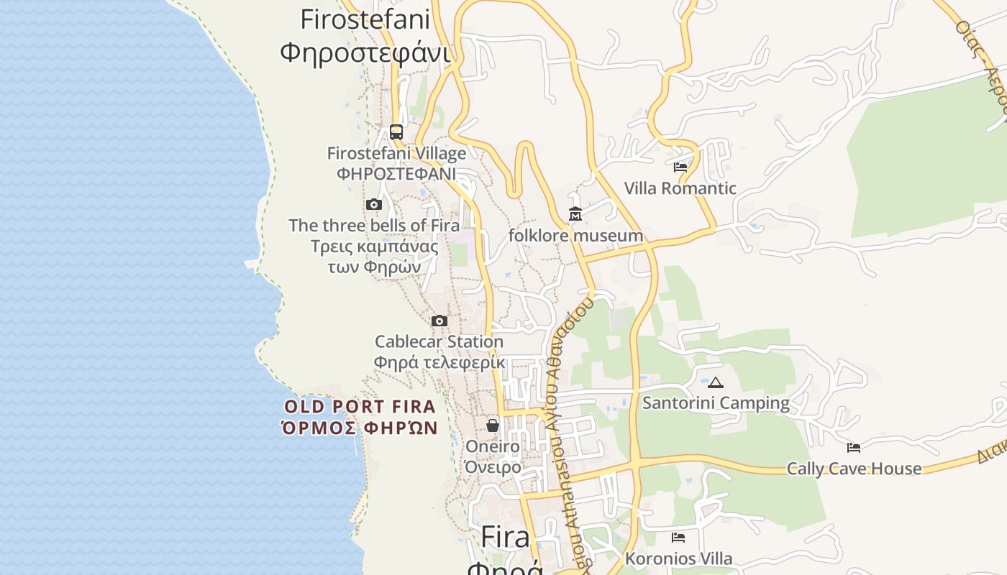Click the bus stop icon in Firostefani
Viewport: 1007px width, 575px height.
396,132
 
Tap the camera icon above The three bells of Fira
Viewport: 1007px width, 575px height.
373,205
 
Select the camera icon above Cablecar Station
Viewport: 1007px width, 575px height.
439,321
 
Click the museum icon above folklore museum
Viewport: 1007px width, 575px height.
575,214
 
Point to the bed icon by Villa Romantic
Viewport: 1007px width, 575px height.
680,167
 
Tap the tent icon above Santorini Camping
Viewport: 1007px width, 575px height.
715,382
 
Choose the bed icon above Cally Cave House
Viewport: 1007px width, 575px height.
854,448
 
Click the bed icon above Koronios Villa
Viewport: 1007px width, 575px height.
678,538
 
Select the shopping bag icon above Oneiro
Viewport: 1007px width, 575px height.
493,425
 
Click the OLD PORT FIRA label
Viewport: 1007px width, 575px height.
360,407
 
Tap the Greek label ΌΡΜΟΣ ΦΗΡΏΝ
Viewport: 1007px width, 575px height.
360,428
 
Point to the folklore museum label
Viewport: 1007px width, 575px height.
575,236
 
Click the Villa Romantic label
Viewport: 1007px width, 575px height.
680,188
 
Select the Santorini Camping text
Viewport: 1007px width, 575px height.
716,402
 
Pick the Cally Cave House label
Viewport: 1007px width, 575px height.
854,469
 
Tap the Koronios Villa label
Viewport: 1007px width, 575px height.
678,558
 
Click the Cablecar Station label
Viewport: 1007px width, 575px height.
439,341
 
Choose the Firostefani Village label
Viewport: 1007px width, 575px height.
396,153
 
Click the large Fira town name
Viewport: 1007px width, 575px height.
505,537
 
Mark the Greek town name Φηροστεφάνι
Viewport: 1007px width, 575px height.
365,52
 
